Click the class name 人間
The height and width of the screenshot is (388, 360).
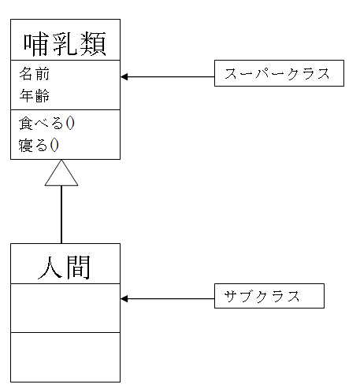point(65,267)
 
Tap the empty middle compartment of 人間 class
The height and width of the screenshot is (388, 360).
point(65,308)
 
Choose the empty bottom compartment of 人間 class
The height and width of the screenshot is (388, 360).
point(65,357)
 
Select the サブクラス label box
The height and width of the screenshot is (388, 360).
point(269,297)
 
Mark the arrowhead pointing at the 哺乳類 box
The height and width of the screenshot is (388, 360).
point(125,77)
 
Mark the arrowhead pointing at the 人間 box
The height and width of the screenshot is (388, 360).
point(125,299)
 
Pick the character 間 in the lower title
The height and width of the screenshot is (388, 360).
point(78,267)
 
